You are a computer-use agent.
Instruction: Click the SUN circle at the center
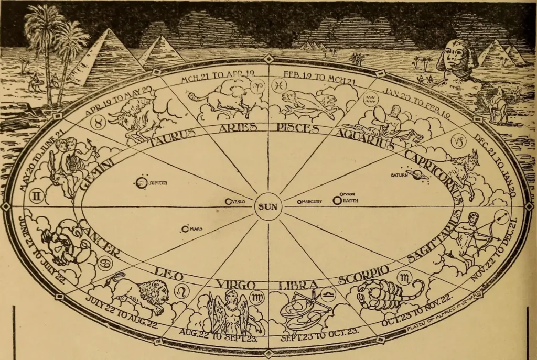[268, 206]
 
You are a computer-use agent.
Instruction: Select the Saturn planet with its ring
[418, 176]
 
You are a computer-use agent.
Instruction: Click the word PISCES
[299, 129]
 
